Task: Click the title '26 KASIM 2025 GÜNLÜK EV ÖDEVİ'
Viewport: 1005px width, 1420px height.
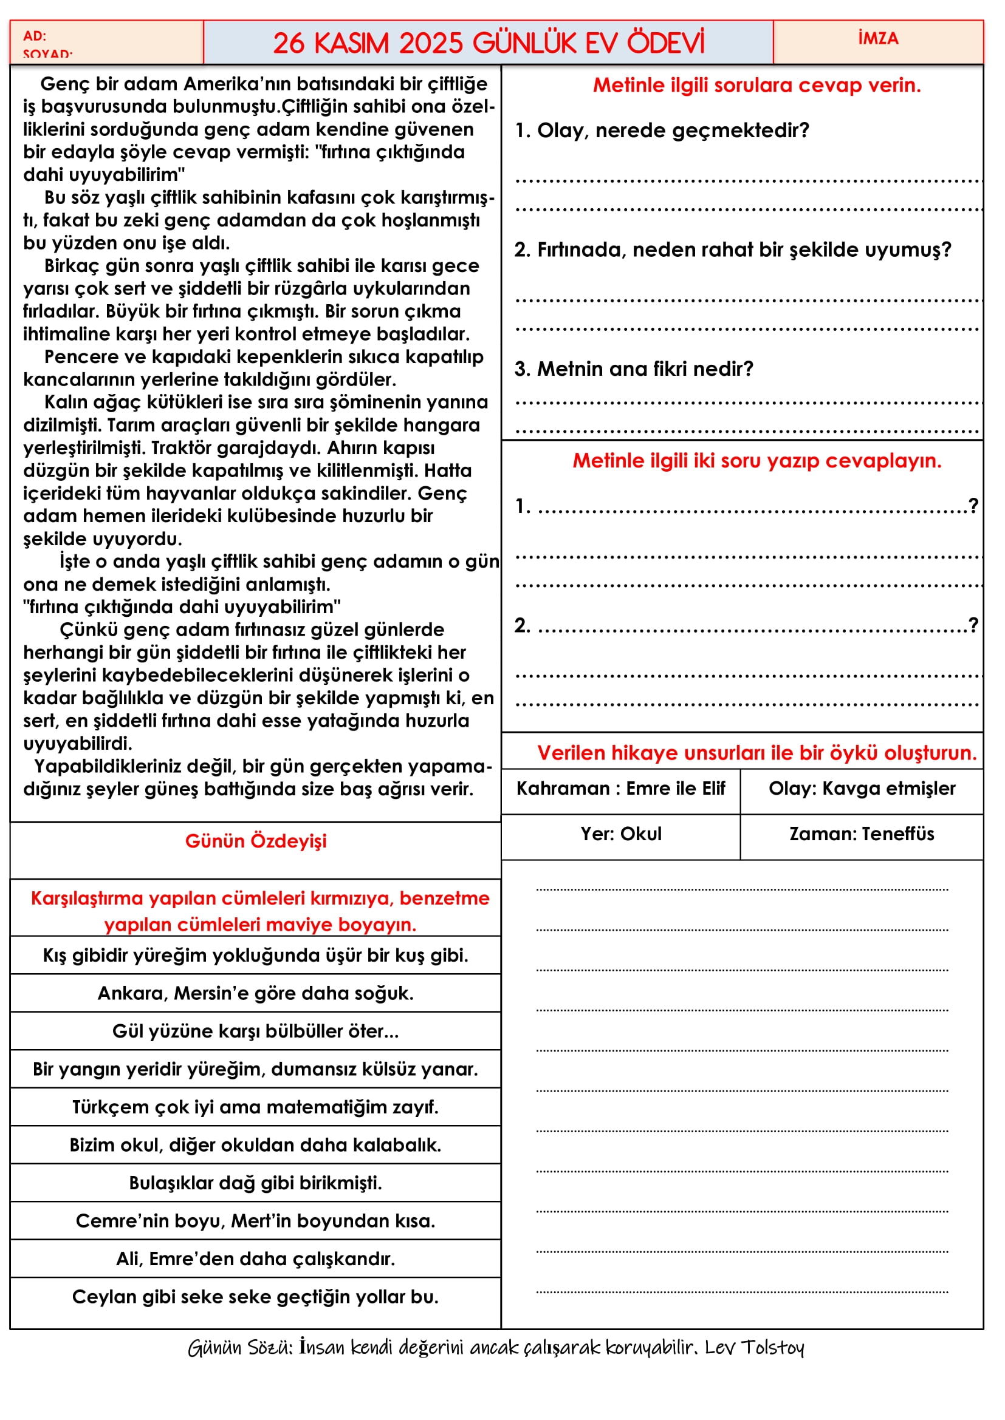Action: click(489, 43)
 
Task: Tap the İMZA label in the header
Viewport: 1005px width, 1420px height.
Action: click(877, 38)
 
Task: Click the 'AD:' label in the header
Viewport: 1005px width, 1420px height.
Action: click(35, 36)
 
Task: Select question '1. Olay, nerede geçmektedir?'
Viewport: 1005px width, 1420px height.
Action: click(662, 131)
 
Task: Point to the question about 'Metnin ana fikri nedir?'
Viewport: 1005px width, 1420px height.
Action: click(634, 369)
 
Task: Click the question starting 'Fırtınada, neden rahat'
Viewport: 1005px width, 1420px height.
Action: click(733, 250)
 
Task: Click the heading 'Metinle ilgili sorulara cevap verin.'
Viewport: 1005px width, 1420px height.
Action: click(756, 86)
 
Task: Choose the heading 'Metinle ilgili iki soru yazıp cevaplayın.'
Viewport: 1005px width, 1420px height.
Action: click(756, 461)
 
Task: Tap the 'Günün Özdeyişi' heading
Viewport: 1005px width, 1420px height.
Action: click(256, 841)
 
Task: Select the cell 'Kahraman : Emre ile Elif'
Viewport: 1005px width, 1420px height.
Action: click(621, 789)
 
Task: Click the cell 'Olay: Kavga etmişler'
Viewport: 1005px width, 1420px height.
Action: click(862, 789)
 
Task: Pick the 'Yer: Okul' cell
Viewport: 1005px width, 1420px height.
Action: click(621, 834)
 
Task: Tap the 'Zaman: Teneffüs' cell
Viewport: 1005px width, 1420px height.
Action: click(862, 834)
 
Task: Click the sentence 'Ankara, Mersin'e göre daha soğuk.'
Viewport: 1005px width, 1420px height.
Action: click(256, 993)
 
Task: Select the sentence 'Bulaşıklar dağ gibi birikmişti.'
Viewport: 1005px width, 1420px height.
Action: click(256, 1183)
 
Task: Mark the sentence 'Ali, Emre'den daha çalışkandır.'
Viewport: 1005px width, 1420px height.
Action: click(256, 1259)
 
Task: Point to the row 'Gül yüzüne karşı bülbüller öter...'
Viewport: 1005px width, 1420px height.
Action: click(256, 1031)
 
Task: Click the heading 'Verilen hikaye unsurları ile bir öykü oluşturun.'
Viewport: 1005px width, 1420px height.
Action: click(756, 753)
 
